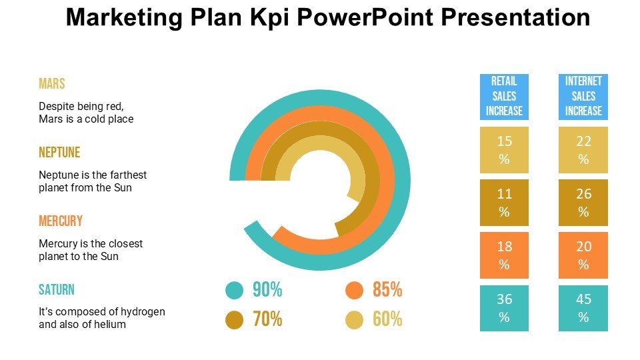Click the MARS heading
[52, 84]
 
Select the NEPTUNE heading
[59, 153]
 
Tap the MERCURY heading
[61, 221]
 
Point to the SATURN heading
[57, 290]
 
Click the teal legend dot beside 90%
[234, 290]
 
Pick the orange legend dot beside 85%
[354, 290]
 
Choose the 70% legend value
[267, 320]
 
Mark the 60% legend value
[387, 320]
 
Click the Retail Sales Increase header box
[504, 97]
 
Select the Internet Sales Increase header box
[583, 97]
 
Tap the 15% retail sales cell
[504, 150]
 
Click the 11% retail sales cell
[504, 203]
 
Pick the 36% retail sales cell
[504, 308]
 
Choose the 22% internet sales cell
[583, 150]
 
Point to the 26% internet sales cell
[583, 203]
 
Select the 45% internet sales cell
[583, 308]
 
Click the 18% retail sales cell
[504, 255]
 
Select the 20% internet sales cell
[583, 255]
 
